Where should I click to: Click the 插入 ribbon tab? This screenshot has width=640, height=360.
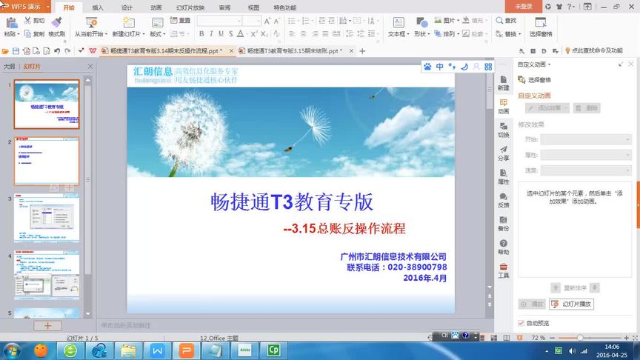point(98,7)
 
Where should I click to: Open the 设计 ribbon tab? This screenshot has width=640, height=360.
point(127,7)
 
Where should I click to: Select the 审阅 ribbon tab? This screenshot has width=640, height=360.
point(224,7)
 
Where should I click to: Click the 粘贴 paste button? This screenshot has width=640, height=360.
point(10,27)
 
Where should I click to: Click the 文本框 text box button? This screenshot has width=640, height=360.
point(398,27)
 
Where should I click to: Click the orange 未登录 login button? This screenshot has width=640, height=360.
point(523,6)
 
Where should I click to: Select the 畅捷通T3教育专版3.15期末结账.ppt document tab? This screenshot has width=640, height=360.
point(293,51)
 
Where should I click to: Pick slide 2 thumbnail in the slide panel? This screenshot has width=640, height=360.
point(47,161)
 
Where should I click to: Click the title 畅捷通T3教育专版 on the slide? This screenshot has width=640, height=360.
point(292,201)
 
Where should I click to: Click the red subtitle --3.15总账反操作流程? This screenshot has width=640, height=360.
point(344,229)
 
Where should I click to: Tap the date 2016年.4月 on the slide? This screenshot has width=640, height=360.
point(425,278)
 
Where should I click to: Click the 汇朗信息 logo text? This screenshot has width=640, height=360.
point(153,72)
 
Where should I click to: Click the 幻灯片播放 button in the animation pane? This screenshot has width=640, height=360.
point(571,304)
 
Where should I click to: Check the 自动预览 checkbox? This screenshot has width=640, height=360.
point(521,323)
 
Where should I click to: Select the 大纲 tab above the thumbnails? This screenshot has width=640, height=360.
point(10,67)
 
